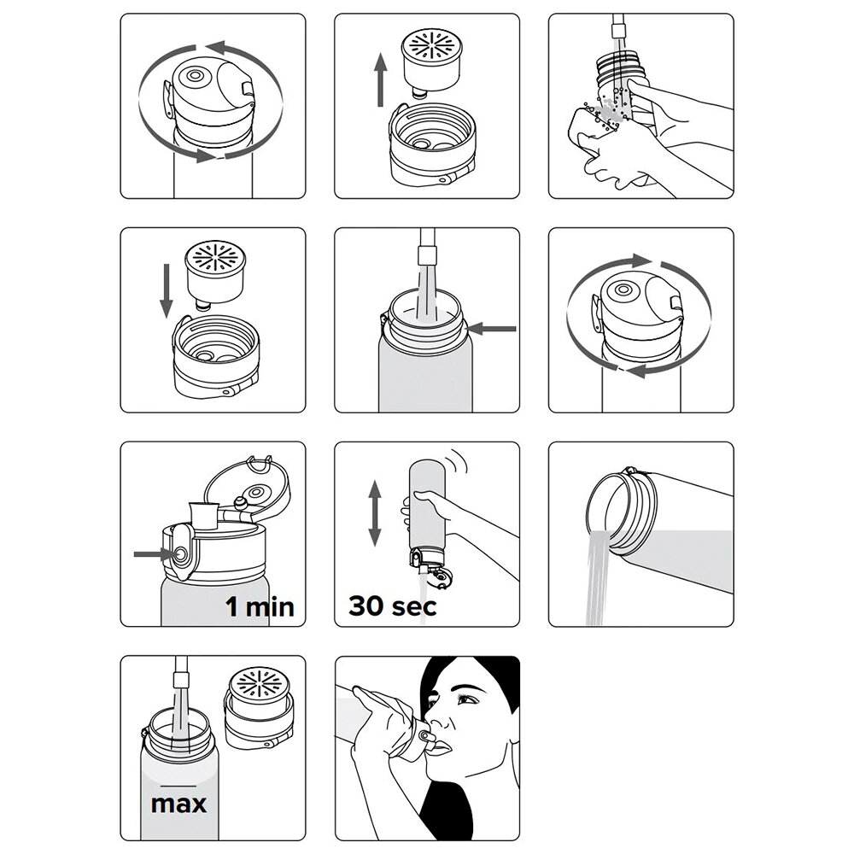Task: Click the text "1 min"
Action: [260, 606]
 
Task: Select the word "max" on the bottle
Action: [178, 803]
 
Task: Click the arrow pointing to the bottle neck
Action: [494, 327]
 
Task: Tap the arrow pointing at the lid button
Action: [153, 553]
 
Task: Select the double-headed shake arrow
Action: [374, 513]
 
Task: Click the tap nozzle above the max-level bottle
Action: [180, 680]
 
